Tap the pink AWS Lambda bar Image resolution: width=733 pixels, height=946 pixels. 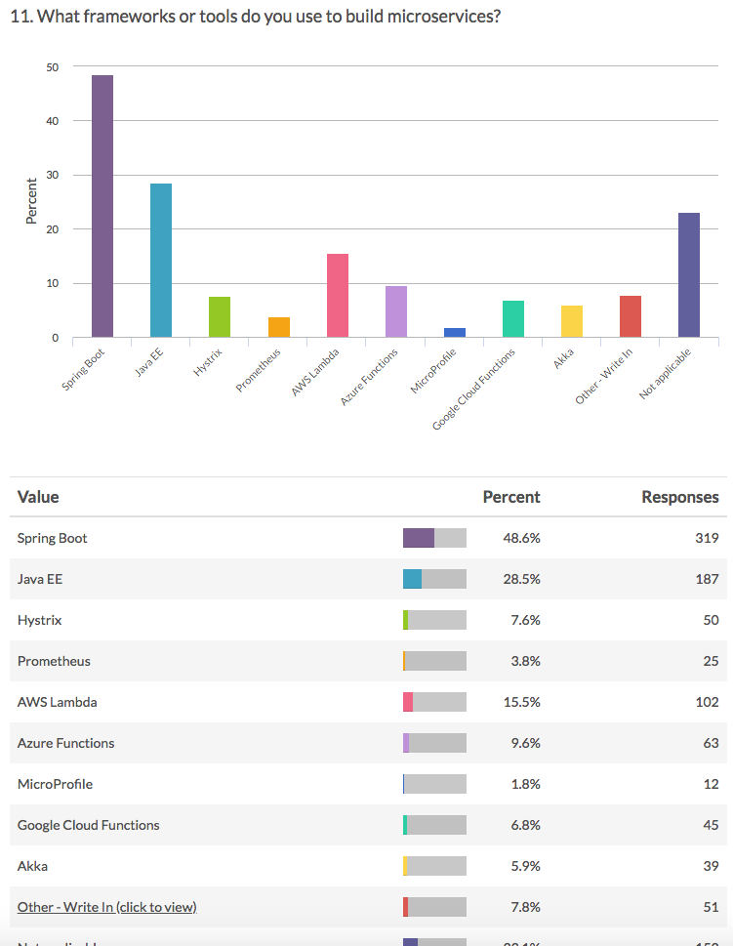point(338,296)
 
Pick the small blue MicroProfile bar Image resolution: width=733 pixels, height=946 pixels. point(455,333)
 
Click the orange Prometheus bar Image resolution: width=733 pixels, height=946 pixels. point(279,328)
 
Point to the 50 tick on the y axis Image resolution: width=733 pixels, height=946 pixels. point(52,67)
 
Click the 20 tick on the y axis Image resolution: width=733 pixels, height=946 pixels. point(52,229)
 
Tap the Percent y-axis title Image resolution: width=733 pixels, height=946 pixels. point(31,201)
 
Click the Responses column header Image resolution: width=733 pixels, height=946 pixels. point(679,497)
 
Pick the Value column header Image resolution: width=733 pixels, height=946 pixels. point(38,497)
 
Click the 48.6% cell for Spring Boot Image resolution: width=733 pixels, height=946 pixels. point(521,538)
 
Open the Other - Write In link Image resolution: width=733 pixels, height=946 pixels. point(106,907)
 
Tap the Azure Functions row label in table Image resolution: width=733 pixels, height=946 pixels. point(65,743)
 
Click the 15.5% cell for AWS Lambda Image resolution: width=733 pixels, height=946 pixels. point(521,702)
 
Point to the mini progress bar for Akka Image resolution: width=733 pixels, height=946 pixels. point(434,866)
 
